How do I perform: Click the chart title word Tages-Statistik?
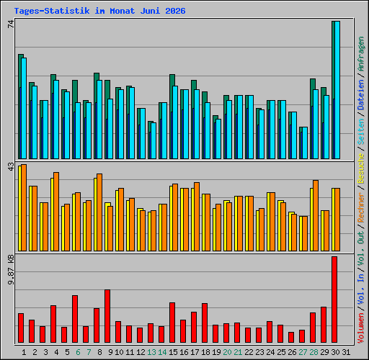tap(52, 11)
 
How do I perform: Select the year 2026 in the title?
tap(175, 11)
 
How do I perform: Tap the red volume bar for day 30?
tap(334, 300)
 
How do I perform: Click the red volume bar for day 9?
tap(107, 316)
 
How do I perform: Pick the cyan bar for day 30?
tap(337, 90)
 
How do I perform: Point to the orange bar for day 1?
tap(24, 207)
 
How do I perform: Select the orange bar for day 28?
tap(316, 215)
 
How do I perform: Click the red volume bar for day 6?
tap(75, 319)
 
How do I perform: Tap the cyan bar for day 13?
tap(154, 140)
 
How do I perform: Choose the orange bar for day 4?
tap(56, 212)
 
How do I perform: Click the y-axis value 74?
tap(11, 24)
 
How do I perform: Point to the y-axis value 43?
tap(11, 167)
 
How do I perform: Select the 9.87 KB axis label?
tap(11, 270)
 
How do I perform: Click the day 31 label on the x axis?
tap(346, 352)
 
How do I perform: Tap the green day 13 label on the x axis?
tap(151, 352)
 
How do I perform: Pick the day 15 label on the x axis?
tap(173, 352)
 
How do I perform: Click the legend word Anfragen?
tap(361, 54)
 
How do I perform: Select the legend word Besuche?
tap(361, 168)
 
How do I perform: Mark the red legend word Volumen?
tap(361, 328)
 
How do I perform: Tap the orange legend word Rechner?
tap(361, 207)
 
